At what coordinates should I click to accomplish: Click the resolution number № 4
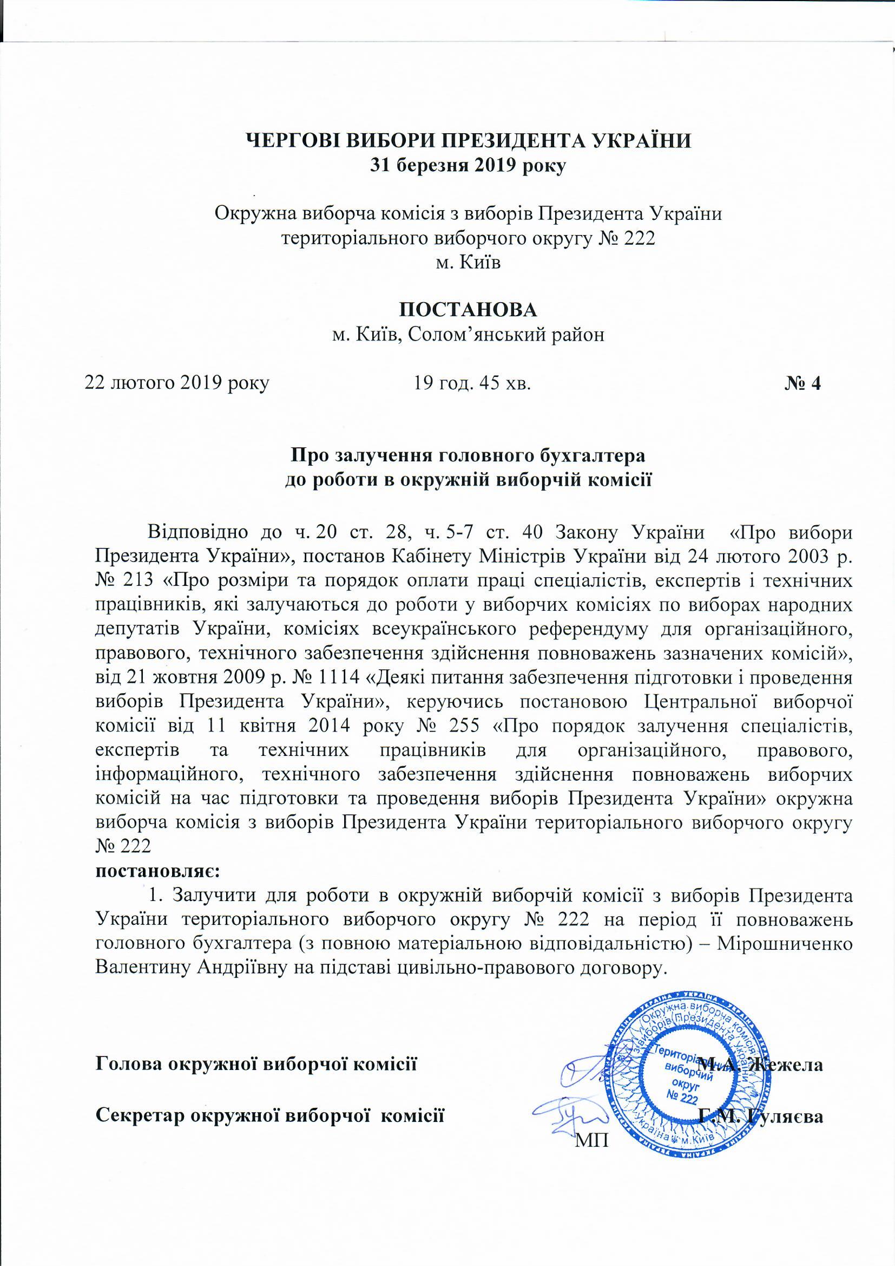click(803, 383)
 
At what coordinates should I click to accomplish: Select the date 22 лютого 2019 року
click(176, 383)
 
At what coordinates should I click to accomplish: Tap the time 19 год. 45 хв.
click(472, 383)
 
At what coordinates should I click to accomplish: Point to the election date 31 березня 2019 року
click(468, 166)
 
